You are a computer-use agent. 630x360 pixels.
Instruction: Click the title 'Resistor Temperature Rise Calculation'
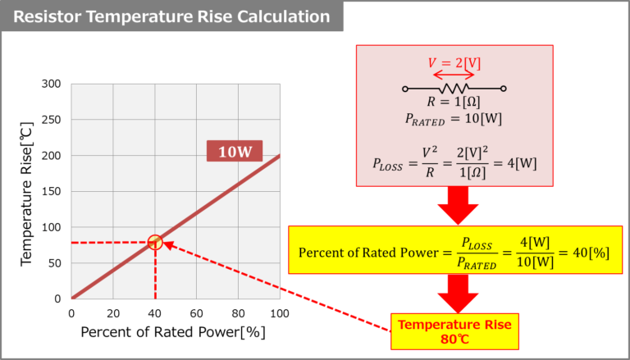pos(171,16)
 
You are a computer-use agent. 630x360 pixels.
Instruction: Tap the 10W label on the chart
pos(233,151)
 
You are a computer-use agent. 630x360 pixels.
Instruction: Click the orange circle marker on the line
pos(155,242)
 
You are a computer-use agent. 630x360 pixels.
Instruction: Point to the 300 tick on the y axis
pos(52,84)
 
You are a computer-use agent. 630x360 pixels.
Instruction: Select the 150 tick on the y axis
pos(52,191)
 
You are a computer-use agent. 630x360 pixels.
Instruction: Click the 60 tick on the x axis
pos(197,313)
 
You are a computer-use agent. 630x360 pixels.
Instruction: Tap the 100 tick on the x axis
pos(280,313)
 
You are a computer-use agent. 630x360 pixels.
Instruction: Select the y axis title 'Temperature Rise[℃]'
pos(26,192)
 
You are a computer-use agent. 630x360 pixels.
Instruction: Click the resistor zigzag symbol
pos(454,88)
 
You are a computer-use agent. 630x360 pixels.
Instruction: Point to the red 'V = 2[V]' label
pos(454,62)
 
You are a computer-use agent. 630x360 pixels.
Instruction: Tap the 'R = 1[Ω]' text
pos(454,103)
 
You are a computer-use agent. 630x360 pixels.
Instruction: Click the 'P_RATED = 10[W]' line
pos(454,119)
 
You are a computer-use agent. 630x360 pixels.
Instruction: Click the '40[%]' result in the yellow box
pos(591,252)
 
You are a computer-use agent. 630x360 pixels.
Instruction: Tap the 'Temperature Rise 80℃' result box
pos(454,330)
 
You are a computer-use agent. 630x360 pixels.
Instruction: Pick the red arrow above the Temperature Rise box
pos(454,294)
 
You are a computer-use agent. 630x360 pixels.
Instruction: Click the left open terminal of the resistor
pos(405,89)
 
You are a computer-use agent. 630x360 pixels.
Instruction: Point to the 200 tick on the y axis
pos(52,155)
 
